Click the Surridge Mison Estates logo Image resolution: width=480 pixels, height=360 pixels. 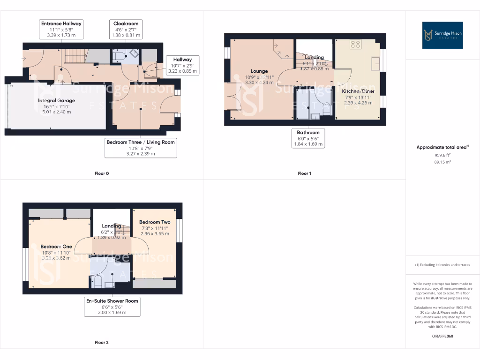click(x=442, y=35)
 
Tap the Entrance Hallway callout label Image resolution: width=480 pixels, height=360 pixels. click(x=61, y=29)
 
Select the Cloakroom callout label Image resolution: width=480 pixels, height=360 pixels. click(x=126, y=29)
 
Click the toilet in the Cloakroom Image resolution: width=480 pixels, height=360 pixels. click(x=119, y=57)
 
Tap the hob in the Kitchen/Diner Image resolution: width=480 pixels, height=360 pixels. click(x=355, y=45)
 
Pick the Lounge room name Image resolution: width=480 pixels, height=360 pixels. click(x=259, y=71)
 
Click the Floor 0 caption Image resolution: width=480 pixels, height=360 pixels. click(x=101, y=173)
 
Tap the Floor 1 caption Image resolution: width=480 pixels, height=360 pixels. click(x=304, y=173)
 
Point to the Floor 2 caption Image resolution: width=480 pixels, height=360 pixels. click(x=101, y=343)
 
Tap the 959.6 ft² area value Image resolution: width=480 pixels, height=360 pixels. click(x=442, y=155)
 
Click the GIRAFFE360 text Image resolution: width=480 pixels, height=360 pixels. click(x=442, y=336)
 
